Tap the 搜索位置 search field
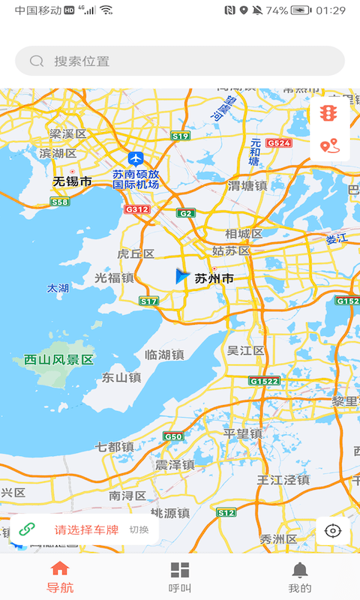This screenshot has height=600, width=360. pyautogui.click(x=180, y=61)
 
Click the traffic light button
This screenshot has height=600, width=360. pyautogui.click(x=328, y=113)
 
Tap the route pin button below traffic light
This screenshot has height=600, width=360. pyautogui.click(x=328, y=146)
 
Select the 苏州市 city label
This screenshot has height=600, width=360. pyautogui.click(x=214, y=279)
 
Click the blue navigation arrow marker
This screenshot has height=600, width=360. pyautogui.click(x=181, y=276)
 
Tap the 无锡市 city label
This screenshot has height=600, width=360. pyautogui.click(x=72, y=181)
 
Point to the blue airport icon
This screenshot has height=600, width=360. pyautogui.click(x=136, y=158)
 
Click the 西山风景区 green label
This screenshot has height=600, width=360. pyautogui.click(x=59, y=360)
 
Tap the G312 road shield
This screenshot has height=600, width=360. pyautogui.click(x=137, y=209)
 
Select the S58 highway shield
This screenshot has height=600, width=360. pyautogui.click(x=60, y=202)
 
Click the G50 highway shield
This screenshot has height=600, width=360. pyautogui.click(x=173, y=436)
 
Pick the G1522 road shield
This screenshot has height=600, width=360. pyautogui.click(x=264, y=381)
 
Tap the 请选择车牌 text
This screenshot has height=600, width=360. pyautogui.click(x=86, y=529)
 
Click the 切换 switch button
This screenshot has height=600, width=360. pyautogui.click(x=139, y=529)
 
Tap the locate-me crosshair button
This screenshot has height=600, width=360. pyautogui.click(x=332, y=531)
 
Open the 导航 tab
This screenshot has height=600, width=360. pyautogui.click(x=60, y=577)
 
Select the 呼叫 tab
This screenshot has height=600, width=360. pyautogui.click(x=180, y=577)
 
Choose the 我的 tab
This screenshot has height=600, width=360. pyautogui.click(x=300, y=577)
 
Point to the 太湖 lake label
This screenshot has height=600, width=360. pyautogui.click(x=58, y=288)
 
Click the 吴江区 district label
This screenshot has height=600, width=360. pyautogui.click(x=246, y=350)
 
